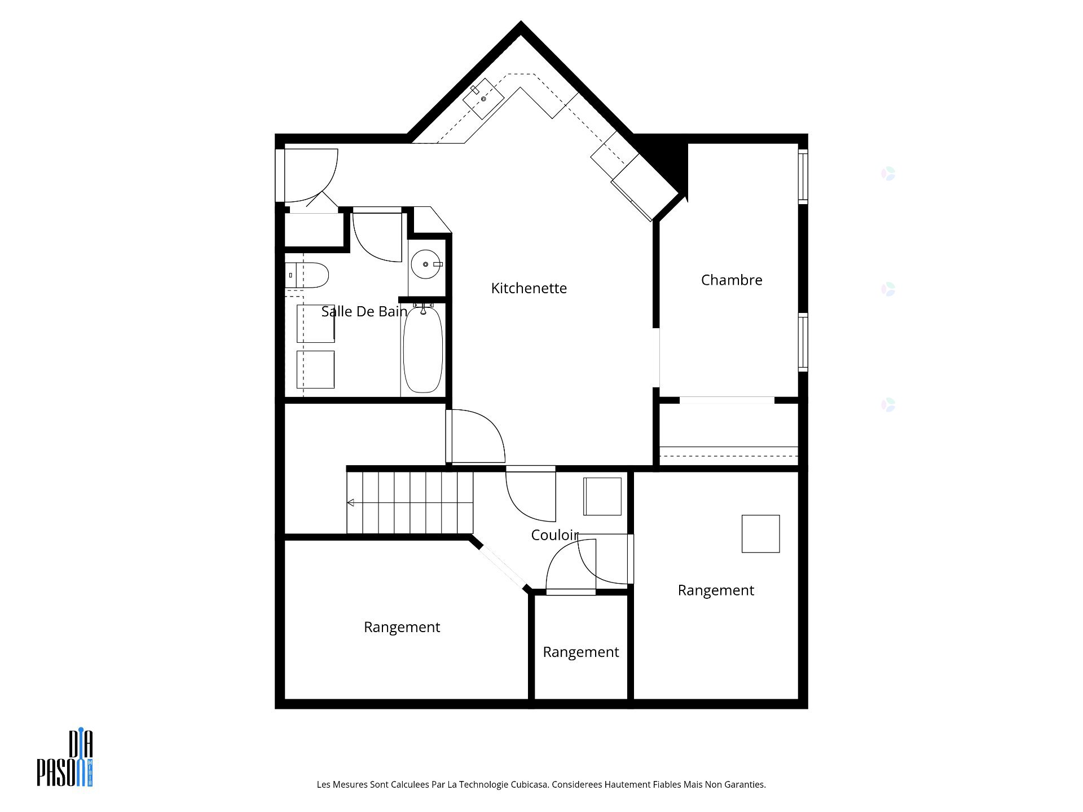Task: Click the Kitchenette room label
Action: [529, 288]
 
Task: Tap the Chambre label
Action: [731, 280]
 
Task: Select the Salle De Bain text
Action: [364, 311]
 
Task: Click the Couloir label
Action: [555, 535]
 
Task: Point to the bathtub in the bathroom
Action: [423, 350]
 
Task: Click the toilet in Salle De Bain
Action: [308, 275]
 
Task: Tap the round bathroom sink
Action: [425, 264]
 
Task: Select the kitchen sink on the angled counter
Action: [483, 99]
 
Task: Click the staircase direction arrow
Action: [351, 502]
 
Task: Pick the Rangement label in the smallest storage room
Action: [580, 652]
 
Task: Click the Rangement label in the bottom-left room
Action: [402, 627]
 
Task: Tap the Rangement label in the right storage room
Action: [715, 590]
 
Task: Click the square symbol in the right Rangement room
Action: [760, 533]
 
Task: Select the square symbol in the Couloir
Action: [602, 496]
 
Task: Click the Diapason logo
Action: [65, 758]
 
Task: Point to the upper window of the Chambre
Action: [803, 175]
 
